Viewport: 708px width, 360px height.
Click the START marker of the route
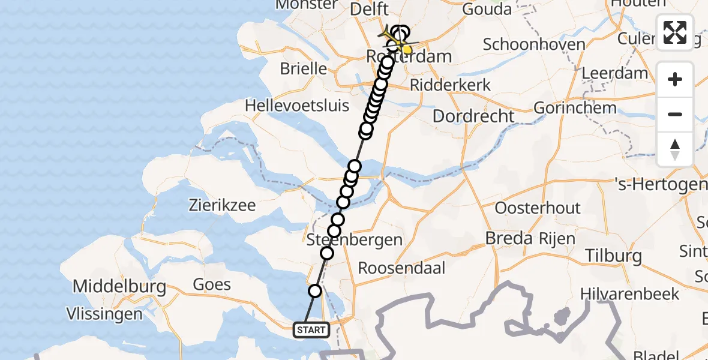pos(311,329)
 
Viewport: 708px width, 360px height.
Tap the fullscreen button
pos(675,32)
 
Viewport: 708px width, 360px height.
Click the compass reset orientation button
pos(675,149)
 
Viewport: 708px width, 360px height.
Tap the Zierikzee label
pos(222,205)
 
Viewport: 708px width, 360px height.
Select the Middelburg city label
pos(119,286)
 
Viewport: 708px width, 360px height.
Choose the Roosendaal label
pos(401,268)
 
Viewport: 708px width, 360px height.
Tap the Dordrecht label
pos(473,116)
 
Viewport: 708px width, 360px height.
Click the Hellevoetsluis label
pos(297,106)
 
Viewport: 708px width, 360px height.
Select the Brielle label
pos(303,68)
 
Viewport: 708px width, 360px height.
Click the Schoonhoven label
pos(525,44)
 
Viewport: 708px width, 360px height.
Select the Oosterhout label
pos(538,208)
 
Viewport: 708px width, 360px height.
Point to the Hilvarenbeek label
pos(630,294)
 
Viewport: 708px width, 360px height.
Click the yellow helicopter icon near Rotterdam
pos(394,38)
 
